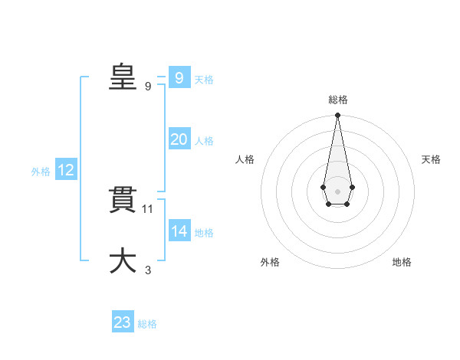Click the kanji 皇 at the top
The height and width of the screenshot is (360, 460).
pos(123,77)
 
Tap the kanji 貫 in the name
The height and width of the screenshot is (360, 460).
pos(123,200)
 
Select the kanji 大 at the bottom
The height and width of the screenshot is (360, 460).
pos(123,260)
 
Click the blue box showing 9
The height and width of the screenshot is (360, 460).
pos(179,77)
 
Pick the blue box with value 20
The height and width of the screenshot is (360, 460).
pos(179,139)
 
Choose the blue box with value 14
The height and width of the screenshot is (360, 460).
pos(179,231)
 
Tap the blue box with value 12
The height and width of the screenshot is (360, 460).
pos(66,170)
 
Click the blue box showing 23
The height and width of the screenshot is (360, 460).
pos(123,322)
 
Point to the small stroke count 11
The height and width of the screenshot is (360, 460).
pos(149,208)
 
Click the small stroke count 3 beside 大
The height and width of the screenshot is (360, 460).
pos(148,270)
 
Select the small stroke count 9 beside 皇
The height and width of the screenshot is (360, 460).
pos(148,86)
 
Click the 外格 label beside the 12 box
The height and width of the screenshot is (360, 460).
pos(41,172)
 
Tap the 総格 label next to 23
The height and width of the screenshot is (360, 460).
pos(147,324)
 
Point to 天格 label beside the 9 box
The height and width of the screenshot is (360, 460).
pos(204,79)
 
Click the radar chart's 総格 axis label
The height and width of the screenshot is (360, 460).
pos(338,100)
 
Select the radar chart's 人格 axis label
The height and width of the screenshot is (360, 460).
pos(245,159)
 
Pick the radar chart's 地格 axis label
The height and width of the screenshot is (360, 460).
pos(402,262)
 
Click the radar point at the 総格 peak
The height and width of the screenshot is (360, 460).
pos(337,116)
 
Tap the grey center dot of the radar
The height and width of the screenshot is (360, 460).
pos(337,191)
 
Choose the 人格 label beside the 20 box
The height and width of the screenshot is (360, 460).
pos(204,141)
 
